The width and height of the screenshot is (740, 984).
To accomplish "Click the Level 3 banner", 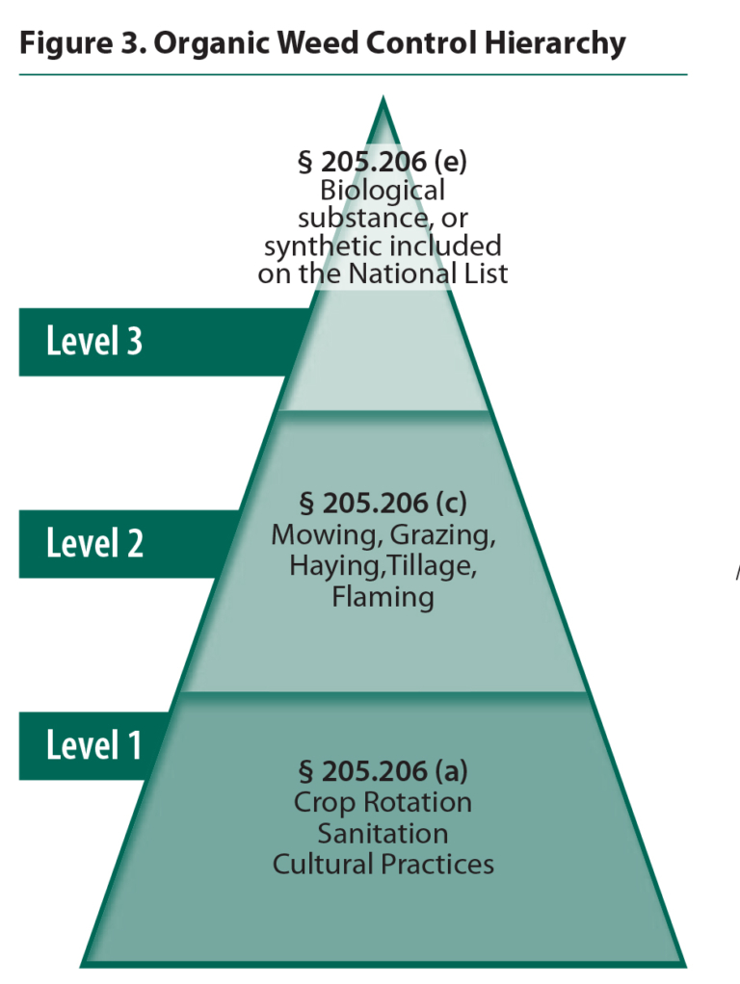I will click(x=94, y=342).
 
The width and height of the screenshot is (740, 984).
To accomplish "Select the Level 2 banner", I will click(x=94, y=544).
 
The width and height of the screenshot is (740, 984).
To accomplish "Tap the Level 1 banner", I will click(x=94, y=745).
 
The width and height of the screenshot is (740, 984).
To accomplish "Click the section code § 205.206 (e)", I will click(x=383, y=161).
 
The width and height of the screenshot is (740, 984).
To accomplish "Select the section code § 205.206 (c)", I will click(x=383, y=504).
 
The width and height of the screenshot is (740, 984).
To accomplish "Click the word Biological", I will click(x=383, y=190).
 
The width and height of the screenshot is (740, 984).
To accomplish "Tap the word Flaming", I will click(x=383, y=597).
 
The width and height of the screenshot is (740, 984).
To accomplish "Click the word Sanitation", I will click(x=383, y=833).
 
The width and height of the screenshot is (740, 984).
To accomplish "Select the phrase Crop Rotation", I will click(x=383, y=802).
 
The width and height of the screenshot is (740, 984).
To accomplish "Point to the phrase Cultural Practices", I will click(x=383, y=864).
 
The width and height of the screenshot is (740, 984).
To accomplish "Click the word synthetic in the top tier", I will click(x=311, y=246).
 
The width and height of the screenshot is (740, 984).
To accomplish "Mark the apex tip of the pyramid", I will click(x=383, y=98).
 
